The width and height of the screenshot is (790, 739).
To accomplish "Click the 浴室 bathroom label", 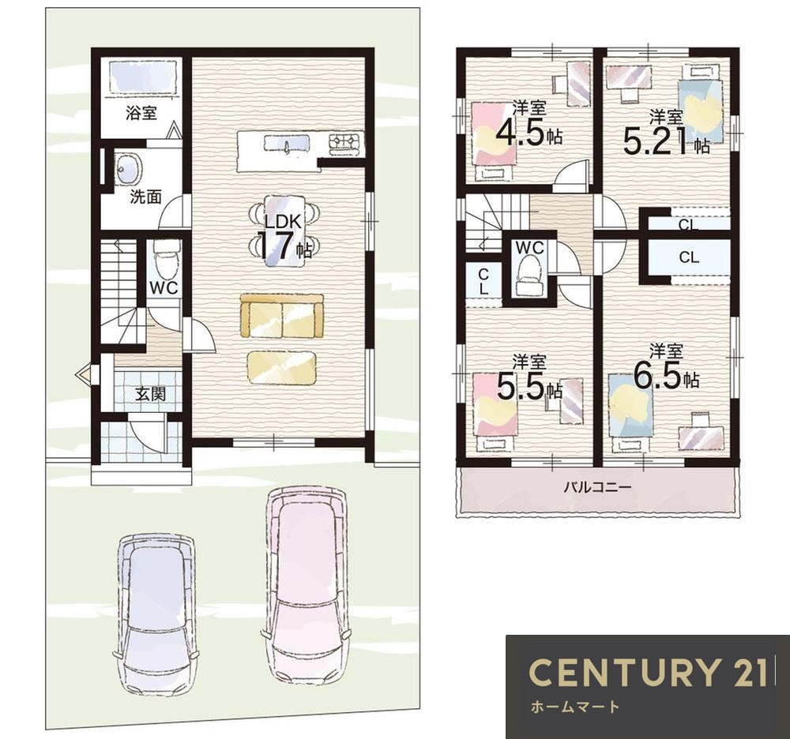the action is coord(141,113).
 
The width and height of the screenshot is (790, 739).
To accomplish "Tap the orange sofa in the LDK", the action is coord(282,316).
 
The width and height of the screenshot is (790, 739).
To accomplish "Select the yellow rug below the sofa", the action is coord(282,368).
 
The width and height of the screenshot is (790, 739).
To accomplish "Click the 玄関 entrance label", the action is coord(151,394).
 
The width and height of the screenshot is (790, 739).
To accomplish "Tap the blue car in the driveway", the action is coord(154,610).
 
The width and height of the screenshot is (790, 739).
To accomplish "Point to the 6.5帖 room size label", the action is coord(666,376).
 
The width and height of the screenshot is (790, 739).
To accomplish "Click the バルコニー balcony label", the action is coord(597,487).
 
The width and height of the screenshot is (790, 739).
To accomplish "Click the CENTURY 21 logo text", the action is coord(649,672).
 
